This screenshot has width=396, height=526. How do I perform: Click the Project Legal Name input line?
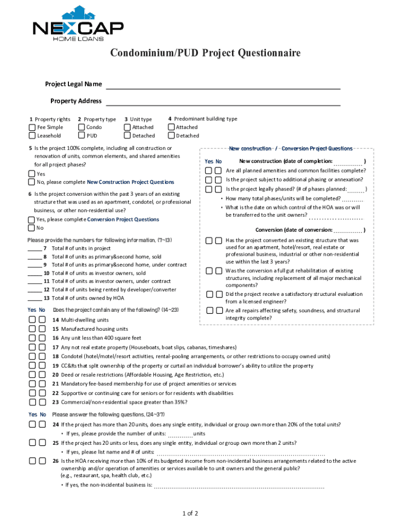pyautogui.click(x=223, y=85)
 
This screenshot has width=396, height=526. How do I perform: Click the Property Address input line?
pyautogui.click(x=223, y=101)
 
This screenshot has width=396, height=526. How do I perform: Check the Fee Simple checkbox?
pyautogui.click(x=32, y=127)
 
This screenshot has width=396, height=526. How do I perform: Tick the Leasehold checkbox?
pyautogui.click(x=32, y=136)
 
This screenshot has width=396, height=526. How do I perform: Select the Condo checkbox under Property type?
pyautogui.click(x=81, y=127)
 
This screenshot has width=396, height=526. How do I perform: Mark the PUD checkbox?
pyautogui.click(x=81, y=136)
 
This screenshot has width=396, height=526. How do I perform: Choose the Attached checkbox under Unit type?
pyautogui.click(x=127, y=127)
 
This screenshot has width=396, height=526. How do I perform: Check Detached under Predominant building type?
pyautogui.click(x=171, y=136)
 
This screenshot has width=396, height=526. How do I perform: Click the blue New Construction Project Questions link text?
pyautogui.click(x=130, y=182)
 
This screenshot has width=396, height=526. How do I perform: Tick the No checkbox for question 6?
pyautogui.click(x=32, y=228)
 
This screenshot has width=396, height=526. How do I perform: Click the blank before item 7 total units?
pyautogui.click(x=34, y=249)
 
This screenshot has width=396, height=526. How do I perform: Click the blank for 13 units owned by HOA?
pyautogui.click(x=34, y=298)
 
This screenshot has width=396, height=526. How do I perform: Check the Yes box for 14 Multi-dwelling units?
pyautogui.click(x=32, y=320)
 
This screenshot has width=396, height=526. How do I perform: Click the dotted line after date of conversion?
pyautogui.click(x=348, y=231)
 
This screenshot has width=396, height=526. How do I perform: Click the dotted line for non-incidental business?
pyautogui.click(x=239, y=485)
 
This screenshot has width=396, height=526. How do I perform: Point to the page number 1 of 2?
pyautogui.click(x=190, y=514)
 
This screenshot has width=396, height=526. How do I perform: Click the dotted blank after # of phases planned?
pyautogui.click(x=355, y=190)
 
